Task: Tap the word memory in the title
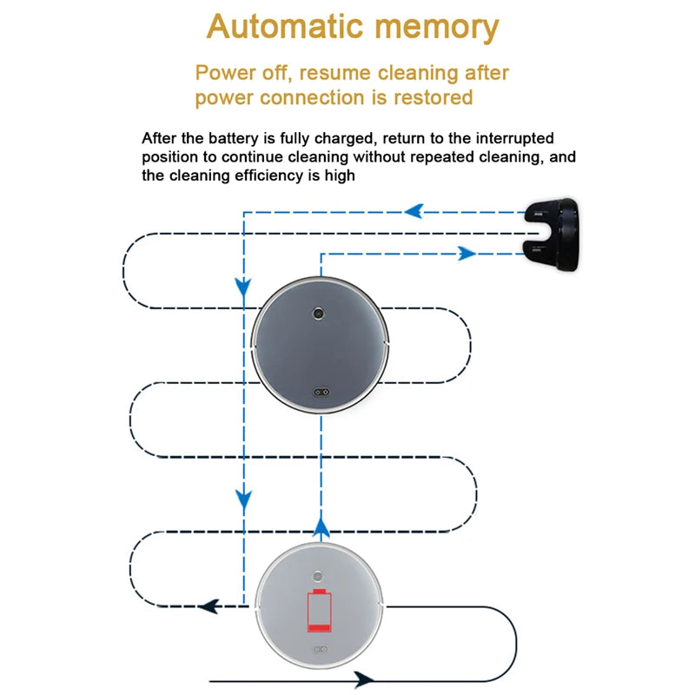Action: [x=434, y=28]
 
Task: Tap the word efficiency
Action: [x=286, y=175]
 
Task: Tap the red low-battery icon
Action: [x=320, y=612]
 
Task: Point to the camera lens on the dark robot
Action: [x=320, y=312]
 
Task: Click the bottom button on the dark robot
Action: [x=320, y=391]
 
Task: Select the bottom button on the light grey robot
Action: [x=320, y=649]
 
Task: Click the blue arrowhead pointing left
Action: [x=414, y=210]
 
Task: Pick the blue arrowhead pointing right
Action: [x=467, y=254]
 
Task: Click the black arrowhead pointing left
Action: [x=208, y=606]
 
